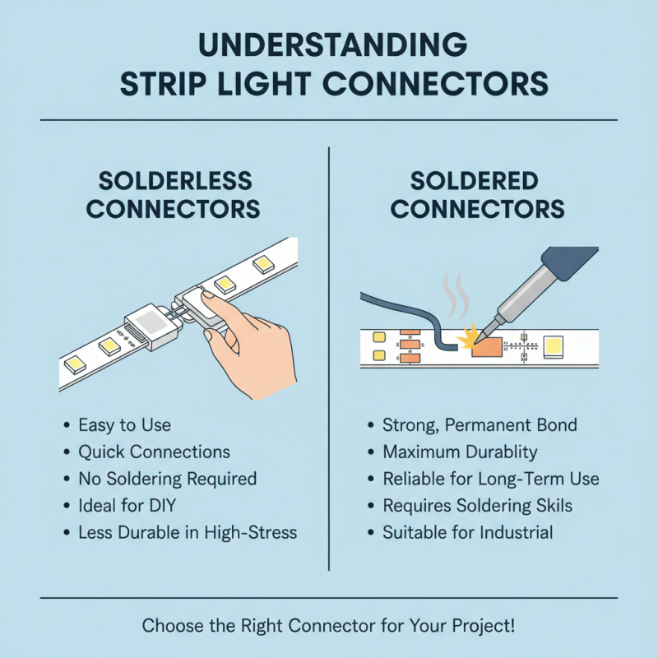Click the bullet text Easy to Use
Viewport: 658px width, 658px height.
pos(124,425)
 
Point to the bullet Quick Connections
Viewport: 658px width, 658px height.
pos(154,452)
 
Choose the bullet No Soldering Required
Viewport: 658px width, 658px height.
pos(167,479)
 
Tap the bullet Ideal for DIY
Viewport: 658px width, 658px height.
pos(127,505)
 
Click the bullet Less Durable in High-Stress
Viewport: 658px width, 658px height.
pos(187,532)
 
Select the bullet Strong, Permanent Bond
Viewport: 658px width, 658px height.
pos(480,425)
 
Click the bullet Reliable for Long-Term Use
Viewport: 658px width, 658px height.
pos(490,479)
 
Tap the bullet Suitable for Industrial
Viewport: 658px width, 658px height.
pos(467,532)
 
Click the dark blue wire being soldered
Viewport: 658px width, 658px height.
pos(403,313)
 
